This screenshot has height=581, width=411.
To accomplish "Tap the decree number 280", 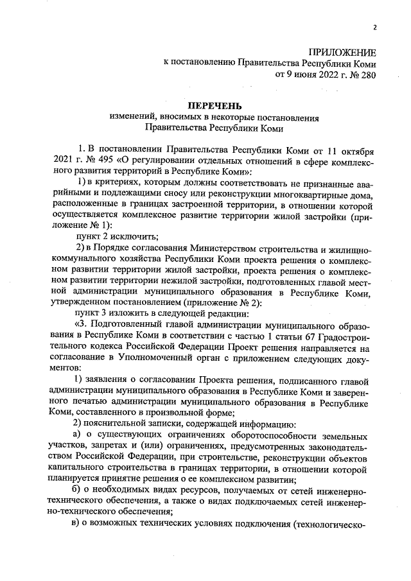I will [x=367, y=74].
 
